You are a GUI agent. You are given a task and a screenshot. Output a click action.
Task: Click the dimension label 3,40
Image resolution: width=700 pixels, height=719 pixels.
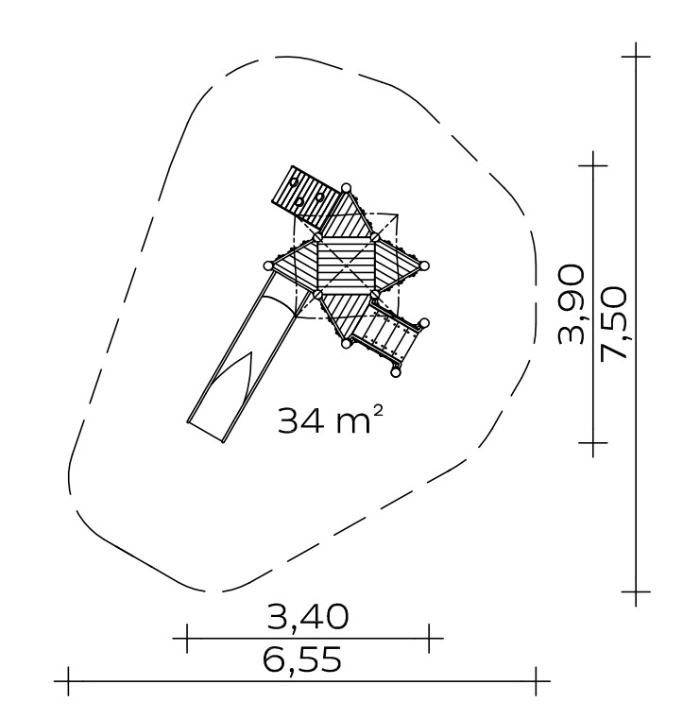(308, 617)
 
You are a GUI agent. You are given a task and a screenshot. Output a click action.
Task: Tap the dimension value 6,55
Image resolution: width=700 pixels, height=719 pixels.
(302, 659)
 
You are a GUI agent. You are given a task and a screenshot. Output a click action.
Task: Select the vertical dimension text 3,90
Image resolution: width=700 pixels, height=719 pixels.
(572, 303)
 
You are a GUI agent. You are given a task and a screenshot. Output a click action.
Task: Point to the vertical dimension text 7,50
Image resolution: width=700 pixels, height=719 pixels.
(613, 323)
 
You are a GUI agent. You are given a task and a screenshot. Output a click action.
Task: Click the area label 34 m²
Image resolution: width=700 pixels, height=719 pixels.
(330, 419)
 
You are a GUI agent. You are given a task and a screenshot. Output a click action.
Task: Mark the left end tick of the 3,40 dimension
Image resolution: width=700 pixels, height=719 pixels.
(187, 638)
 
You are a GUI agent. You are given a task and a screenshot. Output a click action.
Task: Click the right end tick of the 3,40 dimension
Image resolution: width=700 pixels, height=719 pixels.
(429, 638)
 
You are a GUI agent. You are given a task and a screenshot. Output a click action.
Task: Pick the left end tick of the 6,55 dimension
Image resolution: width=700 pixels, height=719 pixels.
(68, 681)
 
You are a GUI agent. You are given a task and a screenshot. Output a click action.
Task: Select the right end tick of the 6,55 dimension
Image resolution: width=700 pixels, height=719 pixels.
(536, 681)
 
